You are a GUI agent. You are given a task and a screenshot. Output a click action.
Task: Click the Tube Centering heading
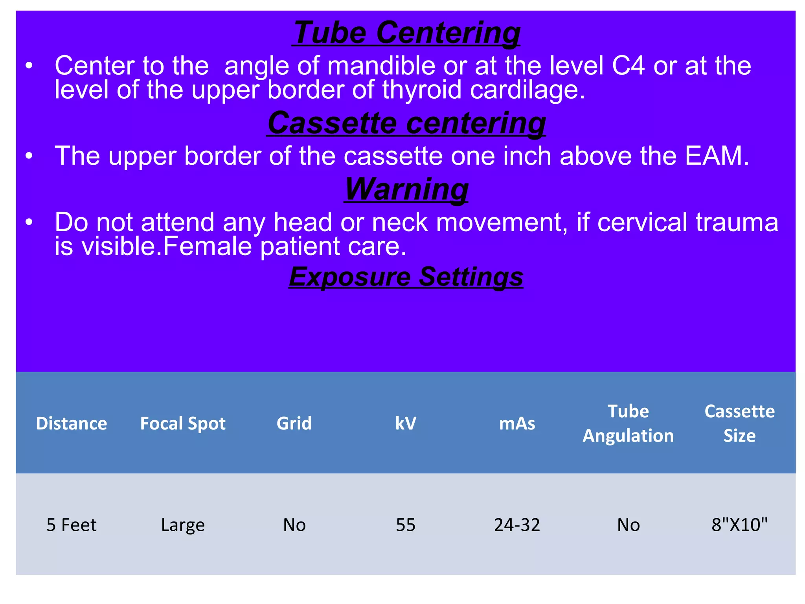(406, 33)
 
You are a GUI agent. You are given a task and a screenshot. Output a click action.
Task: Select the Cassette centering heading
(406, 123)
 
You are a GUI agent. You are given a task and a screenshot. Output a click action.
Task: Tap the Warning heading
(406, 189)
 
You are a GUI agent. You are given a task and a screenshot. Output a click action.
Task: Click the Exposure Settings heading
(406, 277)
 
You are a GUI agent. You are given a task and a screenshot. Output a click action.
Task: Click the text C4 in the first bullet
(628, 66)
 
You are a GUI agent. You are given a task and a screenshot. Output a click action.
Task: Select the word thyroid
(422, 90)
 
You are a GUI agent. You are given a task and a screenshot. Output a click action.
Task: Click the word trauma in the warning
(737, 223)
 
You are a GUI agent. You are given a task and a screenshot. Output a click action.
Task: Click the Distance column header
(72, 424)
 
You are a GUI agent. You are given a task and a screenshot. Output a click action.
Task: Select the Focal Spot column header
(183, 424)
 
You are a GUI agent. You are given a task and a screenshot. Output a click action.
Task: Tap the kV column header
(406, 424)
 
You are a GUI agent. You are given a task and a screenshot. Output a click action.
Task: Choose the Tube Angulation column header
(628, 424)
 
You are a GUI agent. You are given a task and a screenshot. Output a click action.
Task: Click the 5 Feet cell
(72, 525)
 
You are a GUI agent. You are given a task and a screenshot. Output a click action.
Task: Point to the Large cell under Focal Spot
(183, 525)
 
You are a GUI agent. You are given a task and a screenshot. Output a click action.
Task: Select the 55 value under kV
(406, 525)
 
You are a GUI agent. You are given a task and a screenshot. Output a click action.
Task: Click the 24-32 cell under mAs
(517, 525)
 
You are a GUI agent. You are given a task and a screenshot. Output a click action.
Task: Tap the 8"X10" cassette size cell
(739, 525)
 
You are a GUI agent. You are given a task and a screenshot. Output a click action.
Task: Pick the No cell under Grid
(294, 525)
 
